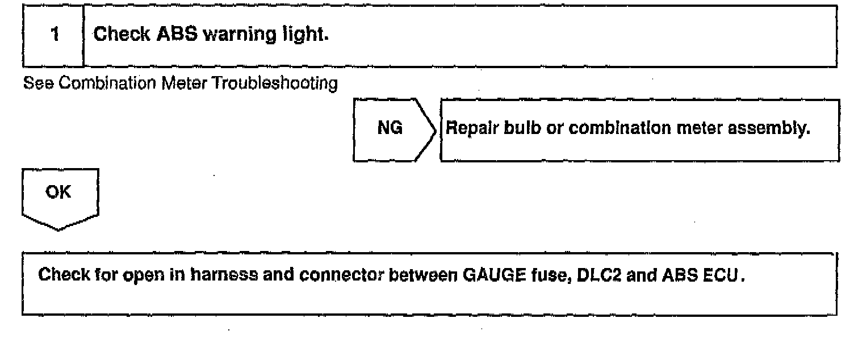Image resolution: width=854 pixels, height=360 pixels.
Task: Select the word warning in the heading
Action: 229,35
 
